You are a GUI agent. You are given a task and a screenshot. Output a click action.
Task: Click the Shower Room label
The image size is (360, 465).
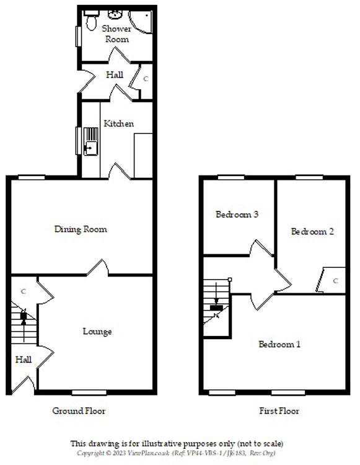coord(116,33)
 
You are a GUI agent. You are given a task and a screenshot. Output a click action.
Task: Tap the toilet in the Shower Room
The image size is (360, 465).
coord(91,23)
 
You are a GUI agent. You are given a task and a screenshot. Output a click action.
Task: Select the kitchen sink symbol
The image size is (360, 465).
coord(90,142)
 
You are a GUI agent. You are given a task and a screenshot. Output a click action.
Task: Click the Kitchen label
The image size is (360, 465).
coord(118,123)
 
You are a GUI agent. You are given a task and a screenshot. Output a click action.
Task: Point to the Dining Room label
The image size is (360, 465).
coord(81,229)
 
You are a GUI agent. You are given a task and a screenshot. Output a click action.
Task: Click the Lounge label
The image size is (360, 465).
coord(97,332)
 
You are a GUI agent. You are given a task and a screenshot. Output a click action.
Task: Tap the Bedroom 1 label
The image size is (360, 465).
coord(279,344)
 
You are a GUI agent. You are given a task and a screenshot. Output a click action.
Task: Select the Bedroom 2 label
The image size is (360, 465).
coord(313,231)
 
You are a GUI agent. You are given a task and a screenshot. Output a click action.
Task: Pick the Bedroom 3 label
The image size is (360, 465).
coord(237,215)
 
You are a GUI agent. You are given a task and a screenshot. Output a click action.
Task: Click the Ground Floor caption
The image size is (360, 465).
coord(79,411)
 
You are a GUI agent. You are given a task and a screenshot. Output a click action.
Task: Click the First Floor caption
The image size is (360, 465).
coord(279,411)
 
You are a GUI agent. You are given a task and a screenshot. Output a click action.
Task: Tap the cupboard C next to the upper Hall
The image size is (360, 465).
coord(146,79)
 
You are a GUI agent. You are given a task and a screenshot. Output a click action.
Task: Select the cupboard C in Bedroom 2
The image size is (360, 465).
coord(336,280)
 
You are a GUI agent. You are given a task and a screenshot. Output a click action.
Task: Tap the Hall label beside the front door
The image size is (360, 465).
coord(23,359)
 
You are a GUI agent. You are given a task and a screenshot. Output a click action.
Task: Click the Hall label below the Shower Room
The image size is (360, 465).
coord(115,75)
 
